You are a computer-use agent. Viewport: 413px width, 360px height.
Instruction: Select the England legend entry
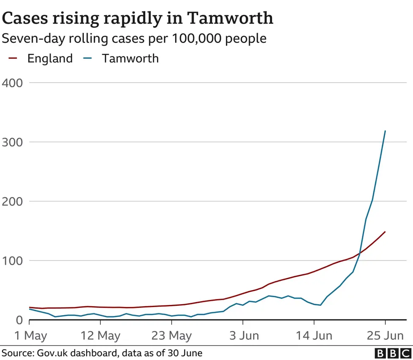click(x=50, y=58)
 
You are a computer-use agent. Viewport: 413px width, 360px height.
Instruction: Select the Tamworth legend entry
click(x=130, y=58)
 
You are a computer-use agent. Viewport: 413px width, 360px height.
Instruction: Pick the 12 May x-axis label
click(x=100, y=336)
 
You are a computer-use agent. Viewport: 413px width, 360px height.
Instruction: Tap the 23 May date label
click(x=171, y=336)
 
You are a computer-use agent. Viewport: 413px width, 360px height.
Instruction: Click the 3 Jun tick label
click(x=243, y=336)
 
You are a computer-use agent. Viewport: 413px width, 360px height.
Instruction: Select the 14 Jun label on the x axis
click(x=314, y=336)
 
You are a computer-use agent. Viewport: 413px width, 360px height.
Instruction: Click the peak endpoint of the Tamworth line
click(x=385, y=131)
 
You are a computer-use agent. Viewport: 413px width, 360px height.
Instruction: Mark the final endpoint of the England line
click(x=385, y=232)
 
